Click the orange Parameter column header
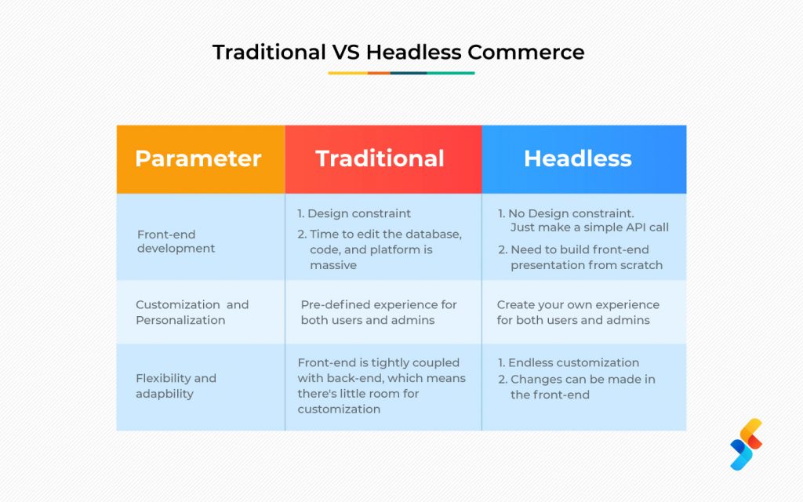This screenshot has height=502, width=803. coord(201,159)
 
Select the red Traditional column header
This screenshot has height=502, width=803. coord(383,159)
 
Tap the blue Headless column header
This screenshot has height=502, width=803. coord(583,159)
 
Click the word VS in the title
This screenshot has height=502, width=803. coord(346,53)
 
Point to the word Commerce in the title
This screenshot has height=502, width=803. coord(526,53)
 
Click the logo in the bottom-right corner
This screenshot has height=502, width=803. coord(747,444)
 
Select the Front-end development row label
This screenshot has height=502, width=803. coord(176,242)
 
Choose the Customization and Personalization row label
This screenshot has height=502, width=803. coord(192,312)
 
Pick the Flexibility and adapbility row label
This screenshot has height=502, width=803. coord(176,386)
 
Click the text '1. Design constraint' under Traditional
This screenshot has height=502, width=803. coord(354,213)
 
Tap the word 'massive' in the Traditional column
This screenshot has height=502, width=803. coord(332,265)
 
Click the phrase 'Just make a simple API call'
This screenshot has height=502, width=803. coord(590,227)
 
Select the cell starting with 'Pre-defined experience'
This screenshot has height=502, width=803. coord(379,312)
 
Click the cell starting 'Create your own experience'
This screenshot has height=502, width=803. coord(578,312)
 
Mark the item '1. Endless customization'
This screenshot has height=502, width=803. coord(569,362)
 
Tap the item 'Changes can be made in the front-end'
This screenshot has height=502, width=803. coord(576,387)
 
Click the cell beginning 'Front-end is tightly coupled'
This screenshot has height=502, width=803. coord(382,386)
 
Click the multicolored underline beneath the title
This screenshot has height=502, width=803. coord(401,73)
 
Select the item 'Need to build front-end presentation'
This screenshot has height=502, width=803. coord(580,257)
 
